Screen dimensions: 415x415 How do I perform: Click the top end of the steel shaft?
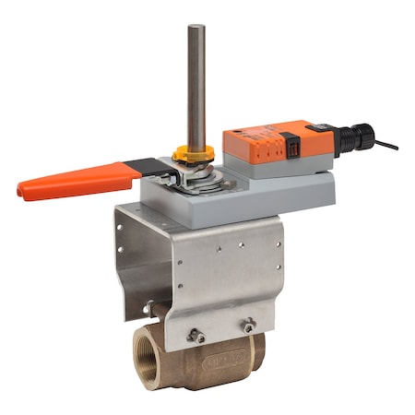(x=196, y=29)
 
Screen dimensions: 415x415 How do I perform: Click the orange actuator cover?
(x=267, y=139)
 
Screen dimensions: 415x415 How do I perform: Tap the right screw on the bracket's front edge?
(x=249, y=324)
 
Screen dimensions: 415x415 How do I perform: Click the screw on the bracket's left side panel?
(x=146, y=304)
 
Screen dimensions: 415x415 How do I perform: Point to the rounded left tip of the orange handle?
(x=22, y=193)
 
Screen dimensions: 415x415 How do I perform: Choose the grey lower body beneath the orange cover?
(x=277, y=166)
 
